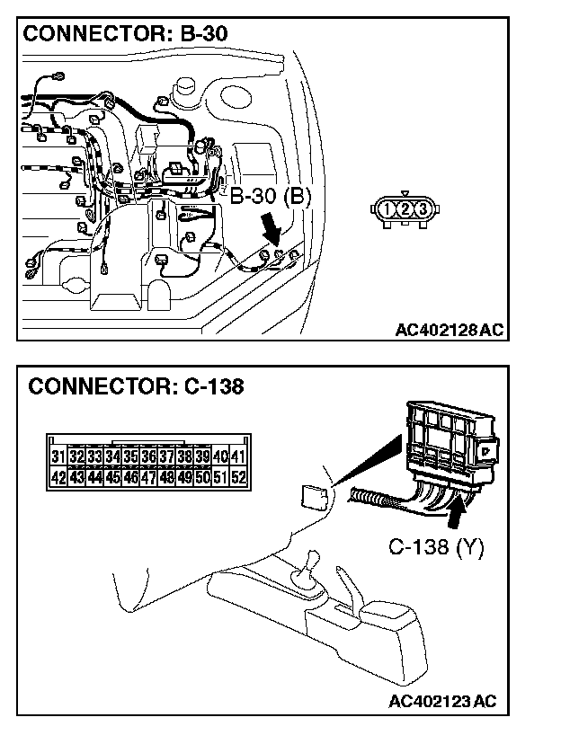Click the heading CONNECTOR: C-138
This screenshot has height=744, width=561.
pyautogui.click(x=136, y=387)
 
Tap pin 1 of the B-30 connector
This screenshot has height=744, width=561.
pyautogui.click(x=387, y=209)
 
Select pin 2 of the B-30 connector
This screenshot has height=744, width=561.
pyautogui.click(x=405, y=209)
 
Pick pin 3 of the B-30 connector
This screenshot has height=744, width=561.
pyautogui.click(x=423, y=209)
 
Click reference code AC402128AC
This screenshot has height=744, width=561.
pyautogui.click(x=450, y=330)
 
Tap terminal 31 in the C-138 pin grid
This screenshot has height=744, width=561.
pyautogui.click(x=58, y=457)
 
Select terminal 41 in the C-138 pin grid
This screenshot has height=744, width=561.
pyautogui.click(x=237, y=457)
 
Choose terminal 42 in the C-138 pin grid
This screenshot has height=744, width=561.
pyautogui.click(x=58, y=477)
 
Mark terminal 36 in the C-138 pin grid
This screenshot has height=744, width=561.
pyautogui.click(x=148, y=457)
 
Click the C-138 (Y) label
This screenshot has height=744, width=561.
pyautogui.click(x=436, y=545)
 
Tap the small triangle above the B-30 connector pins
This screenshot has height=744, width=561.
pyautogui.click(x=405, y=192)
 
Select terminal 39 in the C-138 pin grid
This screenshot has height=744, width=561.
pyautogui.click(x=201, y=457)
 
